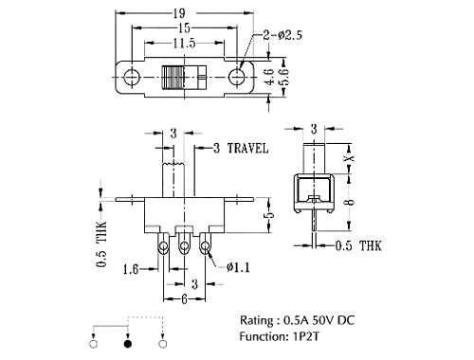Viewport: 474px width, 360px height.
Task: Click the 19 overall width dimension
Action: tap(179, 13)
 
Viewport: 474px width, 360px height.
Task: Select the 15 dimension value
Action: tap(184, 28)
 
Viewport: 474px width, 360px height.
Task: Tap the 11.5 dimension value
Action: tap(184, 43)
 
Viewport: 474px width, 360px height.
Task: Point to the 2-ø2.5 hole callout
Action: tap(283, 35)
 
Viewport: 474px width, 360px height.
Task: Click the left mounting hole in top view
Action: tap(131, 77)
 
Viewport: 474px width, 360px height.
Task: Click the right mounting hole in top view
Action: tap(236, 77)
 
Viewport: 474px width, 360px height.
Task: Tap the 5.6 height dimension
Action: tap(284, 76)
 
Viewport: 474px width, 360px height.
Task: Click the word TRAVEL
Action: tap(248, 148)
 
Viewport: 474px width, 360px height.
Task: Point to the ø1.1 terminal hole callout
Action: tap(238, 267)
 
